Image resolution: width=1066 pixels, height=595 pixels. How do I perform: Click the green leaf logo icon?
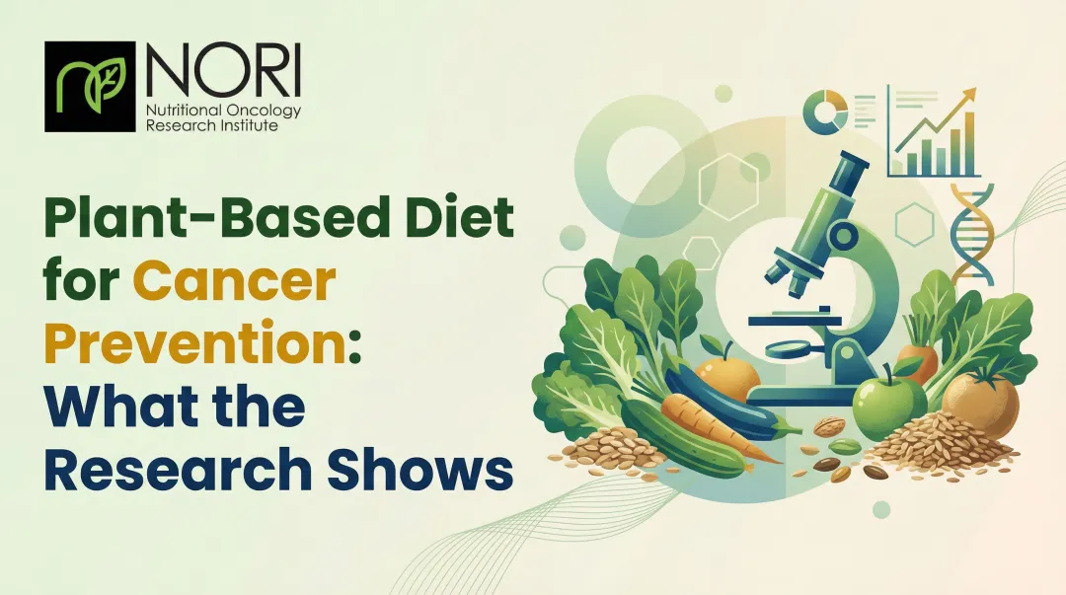(x=89, y=86)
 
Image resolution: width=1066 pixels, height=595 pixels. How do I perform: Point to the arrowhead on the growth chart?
(x=970, y=94)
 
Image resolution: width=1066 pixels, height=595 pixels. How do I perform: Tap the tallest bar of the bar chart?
(x=969, y=143)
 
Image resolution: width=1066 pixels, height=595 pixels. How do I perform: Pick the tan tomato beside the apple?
(x=979, y=405)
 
